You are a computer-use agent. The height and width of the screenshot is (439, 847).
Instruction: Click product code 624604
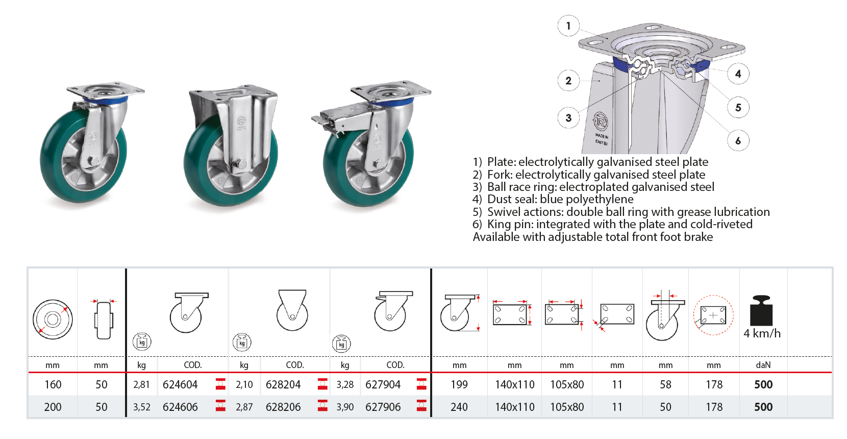pos(180,385)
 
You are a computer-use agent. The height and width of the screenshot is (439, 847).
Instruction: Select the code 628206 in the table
pos(283,407)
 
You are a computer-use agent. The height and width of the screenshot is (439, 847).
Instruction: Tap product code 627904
pos(383,385)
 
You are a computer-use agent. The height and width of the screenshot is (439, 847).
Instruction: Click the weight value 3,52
pos(141,407)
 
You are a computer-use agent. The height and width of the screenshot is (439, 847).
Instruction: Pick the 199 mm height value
pos(459,385)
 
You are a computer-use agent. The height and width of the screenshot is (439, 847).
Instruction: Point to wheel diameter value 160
pos(53,385)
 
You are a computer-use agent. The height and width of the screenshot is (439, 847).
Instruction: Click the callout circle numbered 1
pos(568,26)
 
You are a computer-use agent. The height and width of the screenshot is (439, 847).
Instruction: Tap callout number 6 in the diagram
pos(738,140)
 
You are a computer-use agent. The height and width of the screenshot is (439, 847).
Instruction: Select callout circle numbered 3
pos(568,118)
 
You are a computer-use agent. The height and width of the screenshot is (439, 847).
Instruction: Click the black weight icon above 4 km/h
pos(761,310)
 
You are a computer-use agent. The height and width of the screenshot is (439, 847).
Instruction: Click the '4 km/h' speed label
pos(762,334)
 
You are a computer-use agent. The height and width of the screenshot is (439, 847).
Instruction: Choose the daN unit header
pos(763,365)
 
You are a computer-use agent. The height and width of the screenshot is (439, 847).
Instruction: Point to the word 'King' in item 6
pos(499,225)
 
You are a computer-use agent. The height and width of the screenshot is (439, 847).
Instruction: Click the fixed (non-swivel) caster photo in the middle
pos(232,145)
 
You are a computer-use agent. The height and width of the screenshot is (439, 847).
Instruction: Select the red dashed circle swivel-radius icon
pos(713,315)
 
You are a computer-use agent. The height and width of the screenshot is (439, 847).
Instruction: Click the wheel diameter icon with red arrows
pos(53,320)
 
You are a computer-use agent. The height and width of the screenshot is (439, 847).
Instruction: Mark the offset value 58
pos(665,385)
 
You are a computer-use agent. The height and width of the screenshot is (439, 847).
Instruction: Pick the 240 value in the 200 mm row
pos(459,407)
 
